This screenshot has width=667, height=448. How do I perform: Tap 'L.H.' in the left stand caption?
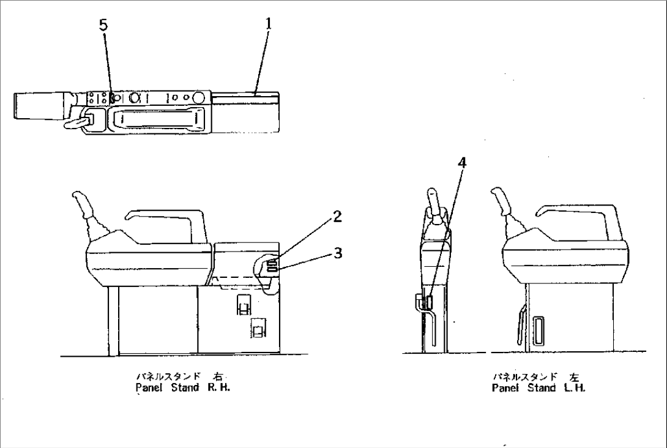[578, 387]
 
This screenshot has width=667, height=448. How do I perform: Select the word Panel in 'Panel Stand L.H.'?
[505, 387]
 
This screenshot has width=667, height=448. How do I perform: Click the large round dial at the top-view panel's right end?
[198, 97]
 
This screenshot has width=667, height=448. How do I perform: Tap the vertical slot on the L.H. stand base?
[539, 330]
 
